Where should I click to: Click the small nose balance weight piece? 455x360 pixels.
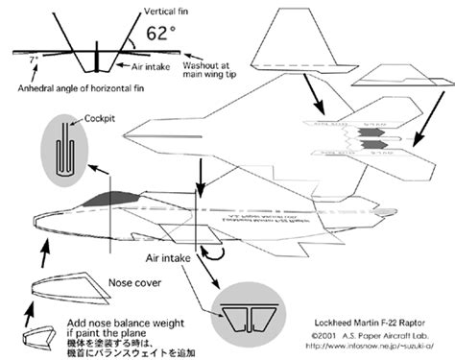[x=36, y=334]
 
